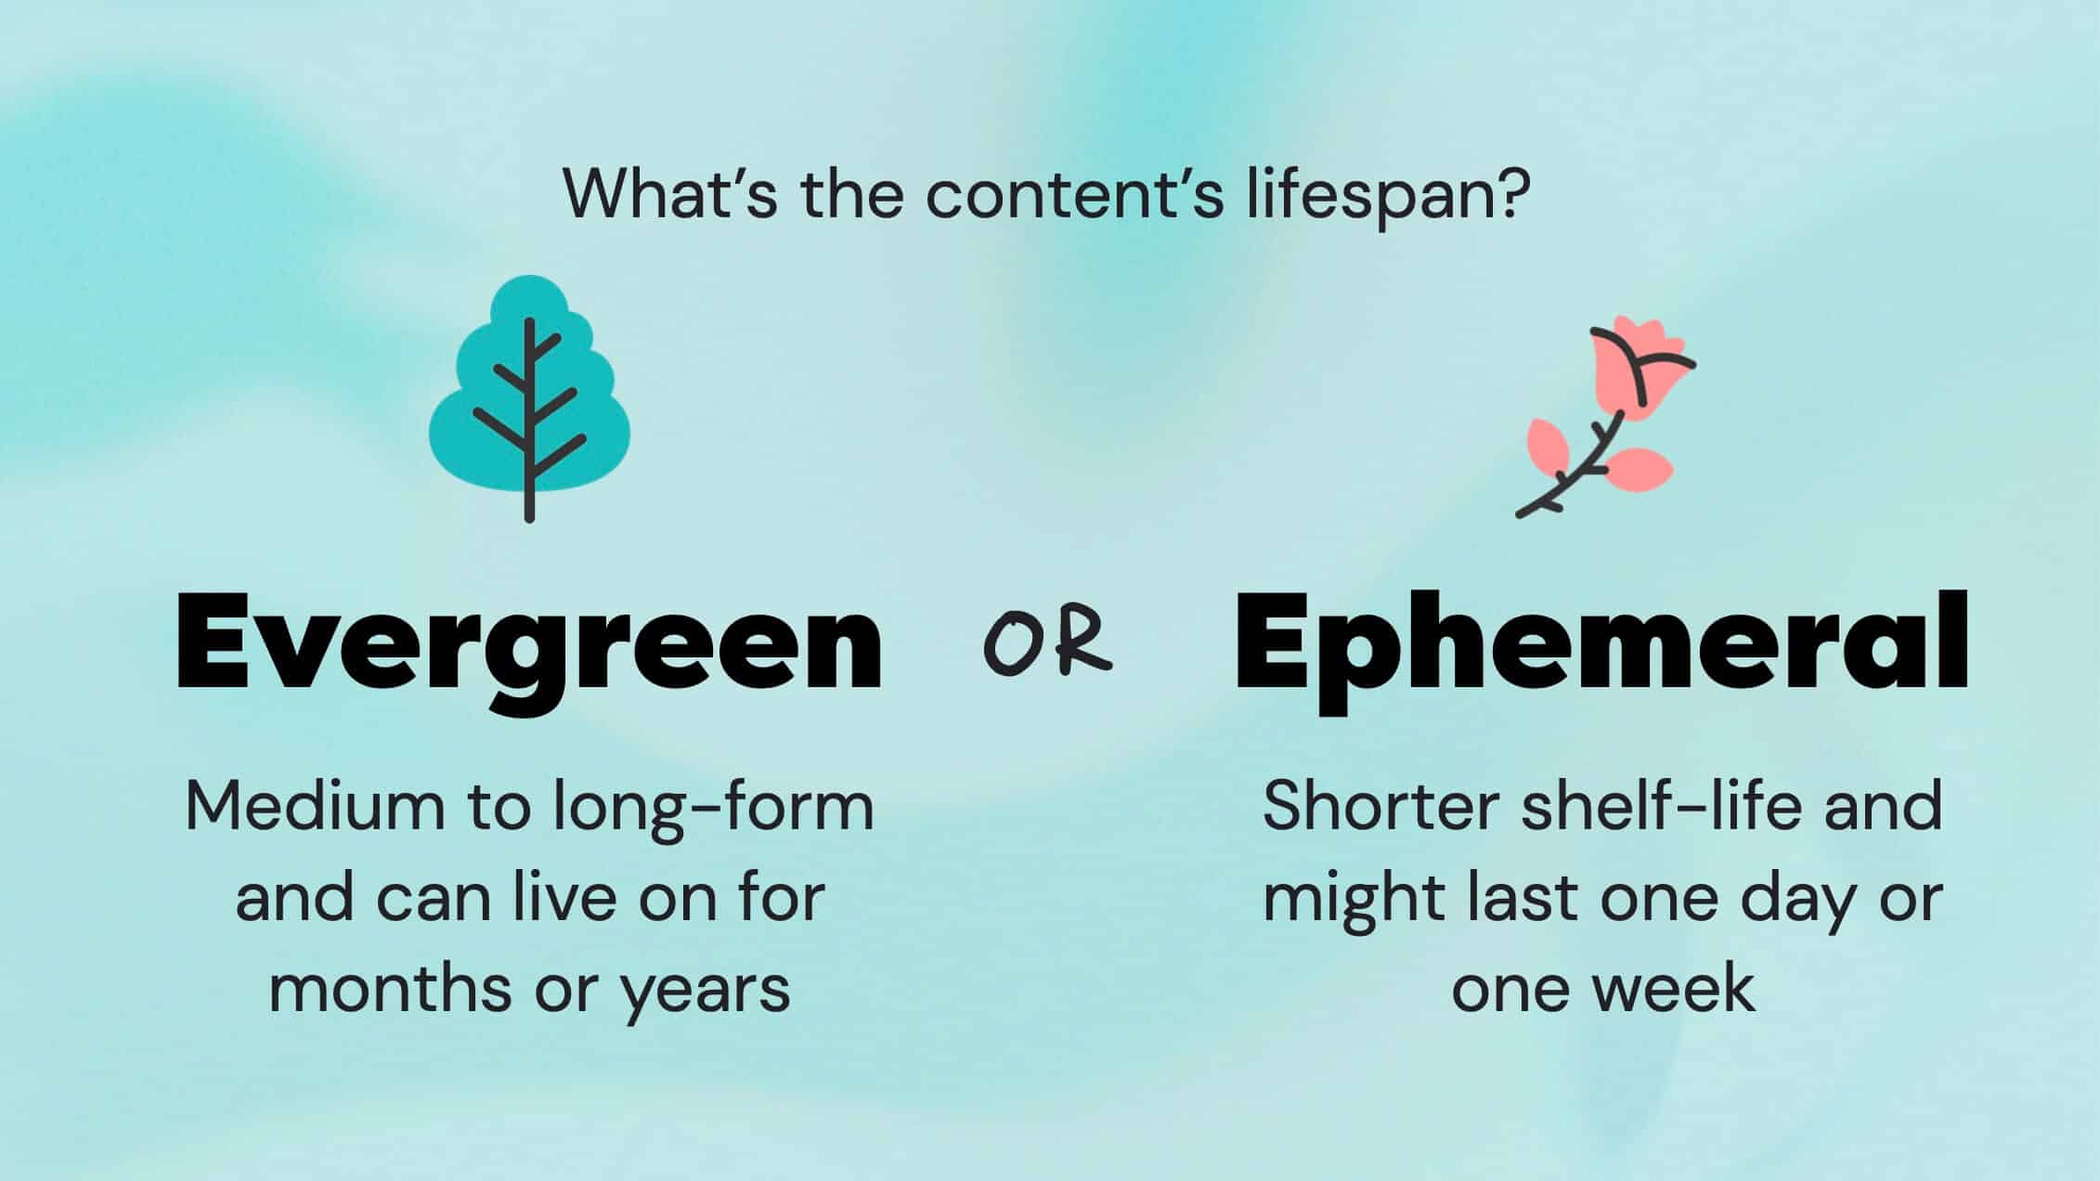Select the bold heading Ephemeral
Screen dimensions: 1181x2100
[x=1601, y=642]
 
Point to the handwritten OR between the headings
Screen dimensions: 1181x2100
[x=1047, y=642]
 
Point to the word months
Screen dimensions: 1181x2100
[x=390, y=988]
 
